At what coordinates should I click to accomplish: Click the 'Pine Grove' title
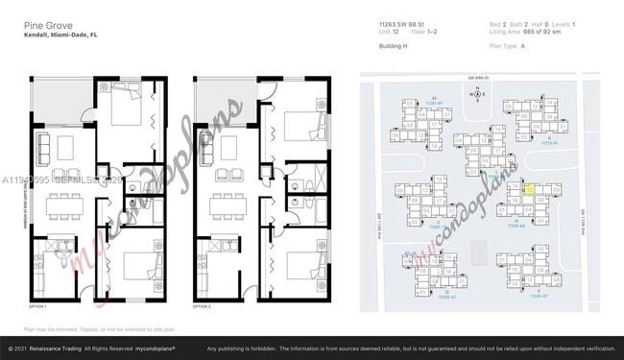[x=45, y=24]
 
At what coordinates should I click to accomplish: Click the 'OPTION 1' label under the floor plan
[x=37, y=305]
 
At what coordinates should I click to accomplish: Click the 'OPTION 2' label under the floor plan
[x=202, y=305]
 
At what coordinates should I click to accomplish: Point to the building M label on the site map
[x=434, y=99]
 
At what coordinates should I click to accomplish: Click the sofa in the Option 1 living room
[x=41, y=147]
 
